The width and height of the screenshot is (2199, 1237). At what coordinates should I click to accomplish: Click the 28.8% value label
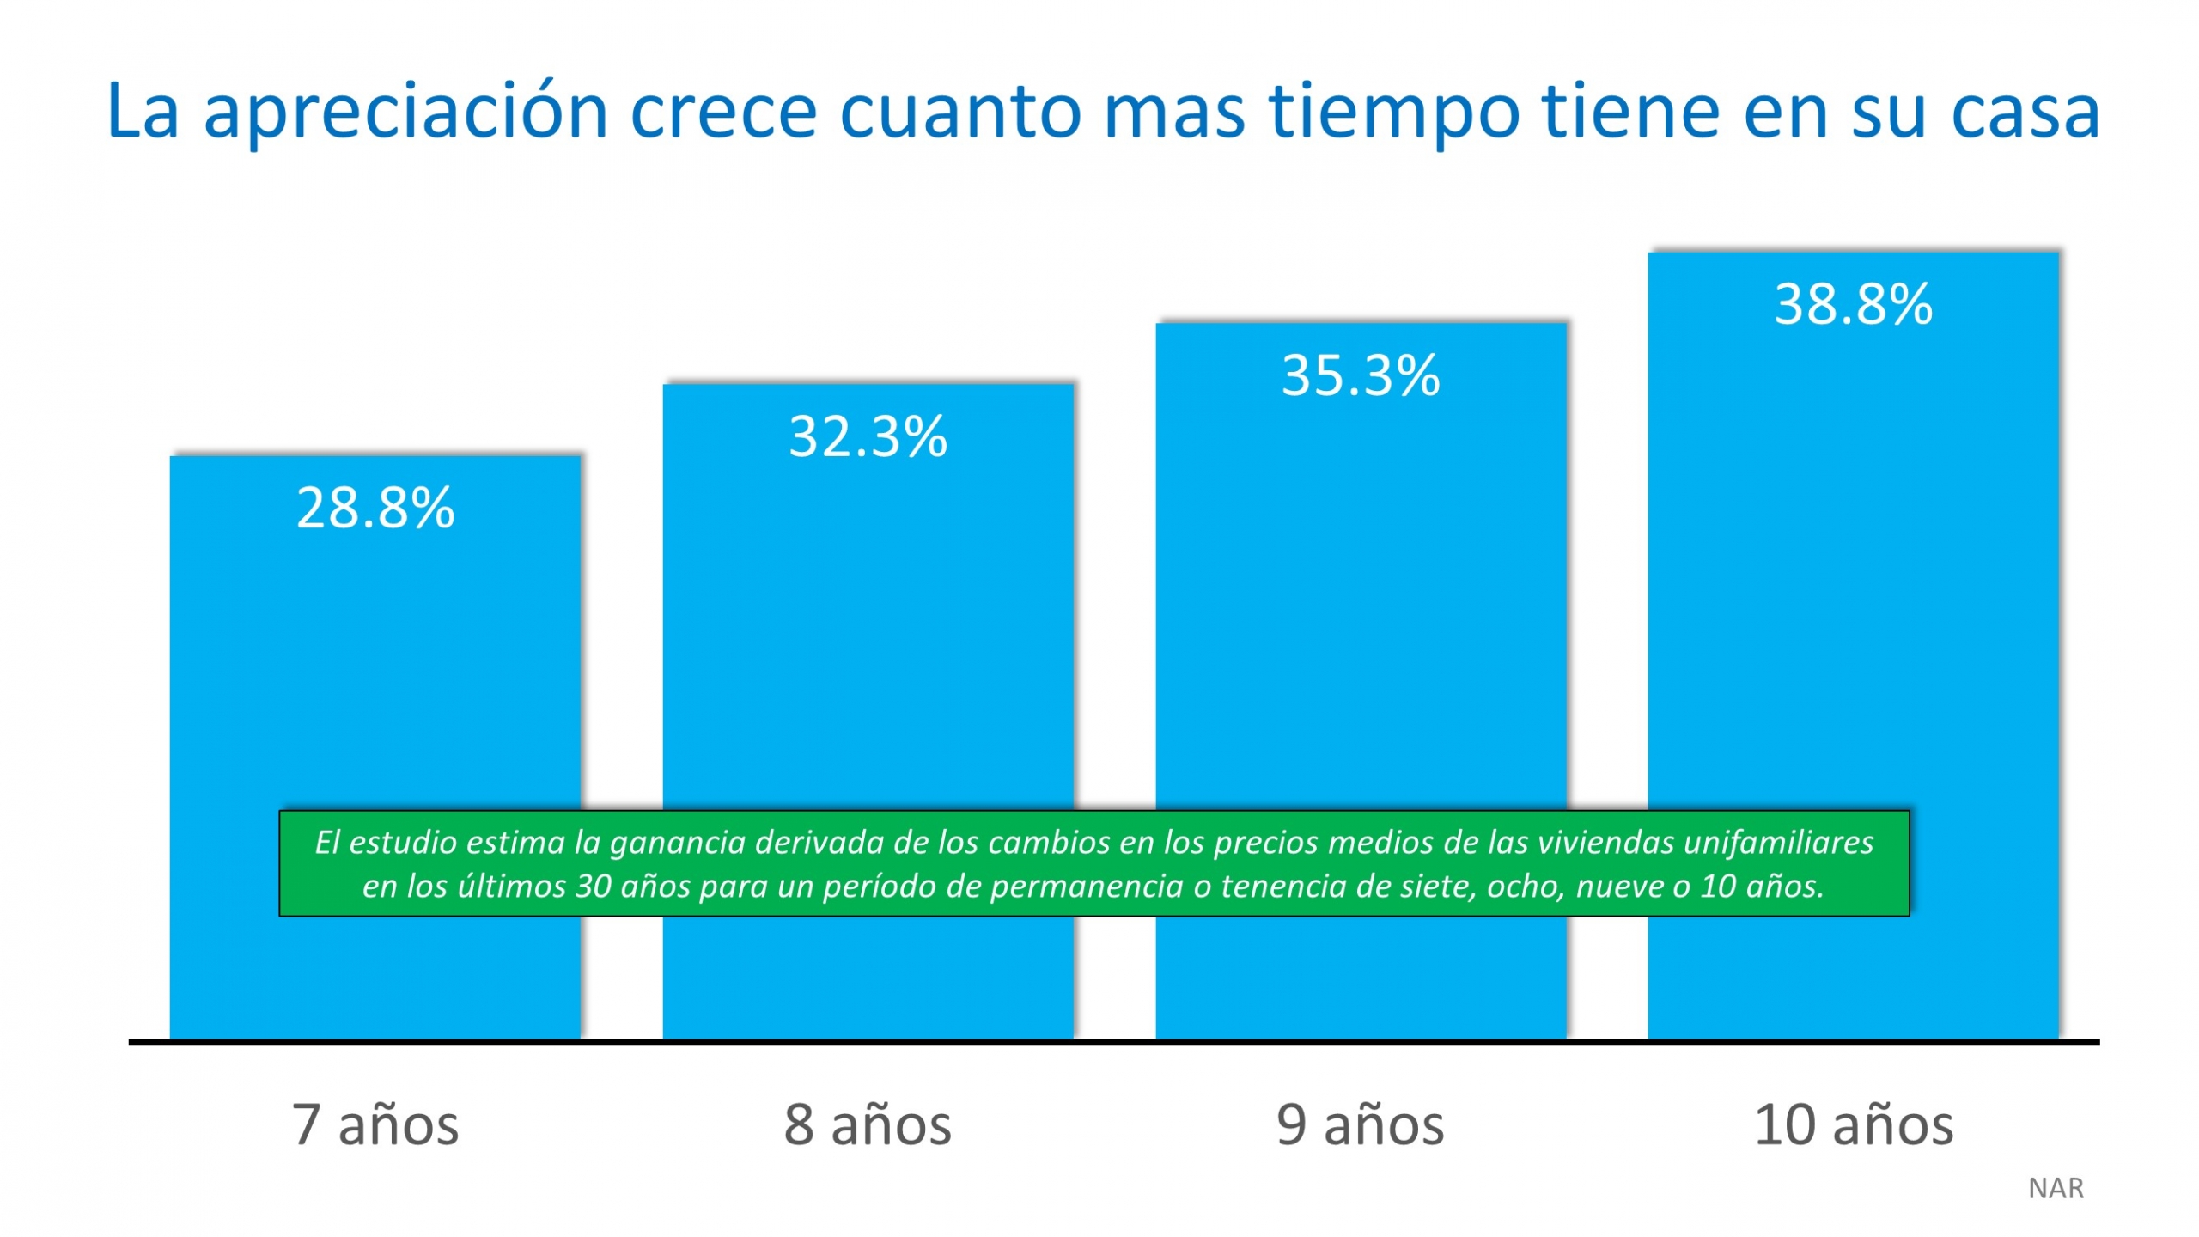pos(375,508)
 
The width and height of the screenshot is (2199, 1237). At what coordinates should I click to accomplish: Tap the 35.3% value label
pos(1361,375)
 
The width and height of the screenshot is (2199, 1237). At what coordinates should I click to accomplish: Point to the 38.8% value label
pos(1854,304)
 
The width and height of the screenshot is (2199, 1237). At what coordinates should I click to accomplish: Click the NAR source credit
pos(2056,1188)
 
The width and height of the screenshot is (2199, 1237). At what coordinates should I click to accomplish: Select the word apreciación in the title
pos(405,112)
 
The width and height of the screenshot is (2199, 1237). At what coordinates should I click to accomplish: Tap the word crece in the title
pos(723,112)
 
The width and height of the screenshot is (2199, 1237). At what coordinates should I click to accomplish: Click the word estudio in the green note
pos(405,843)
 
